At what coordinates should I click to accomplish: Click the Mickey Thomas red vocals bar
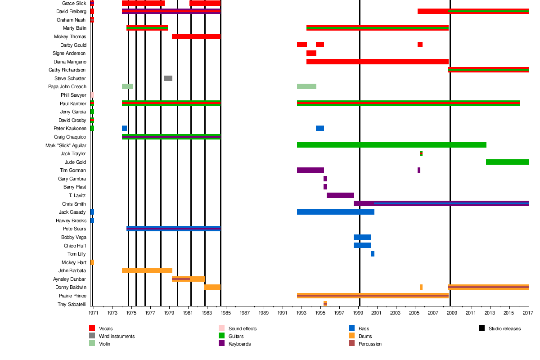[196, 36]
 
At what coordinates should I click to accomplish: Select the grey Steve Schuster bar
[168, 78]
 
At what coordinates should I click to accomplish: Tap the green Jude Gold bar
[507, 162]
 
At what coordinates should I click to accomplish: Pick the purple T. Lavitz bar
[340, 195]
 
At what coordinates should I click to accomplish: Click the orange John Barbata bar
[147, 270]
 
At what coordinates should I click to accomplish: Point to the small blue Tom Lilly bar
[373, 254]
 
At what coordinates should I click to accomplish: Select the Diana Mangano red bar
[378, 62]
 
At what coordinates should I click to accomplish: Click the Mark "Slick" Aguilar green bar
[391, 145]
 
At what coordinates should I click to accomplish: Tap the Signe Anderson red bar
[311, 53]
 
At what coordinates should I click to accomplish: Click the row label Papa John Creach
[67, 87]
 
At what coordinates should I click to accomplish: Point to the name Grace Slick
[74, 3]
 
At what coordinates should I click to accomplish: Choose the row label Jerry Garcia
[73, 112]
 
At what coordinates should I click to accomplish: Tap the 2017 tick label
[528, 312]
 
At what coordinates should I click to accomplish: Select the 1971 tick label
[94, 312]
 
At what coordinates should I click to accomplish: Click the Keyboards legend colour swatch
[221, 343]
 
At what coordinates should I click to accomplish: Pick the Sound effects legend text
[243, 328]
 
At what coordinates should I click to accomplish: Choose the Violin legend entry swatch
[92, 343]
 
